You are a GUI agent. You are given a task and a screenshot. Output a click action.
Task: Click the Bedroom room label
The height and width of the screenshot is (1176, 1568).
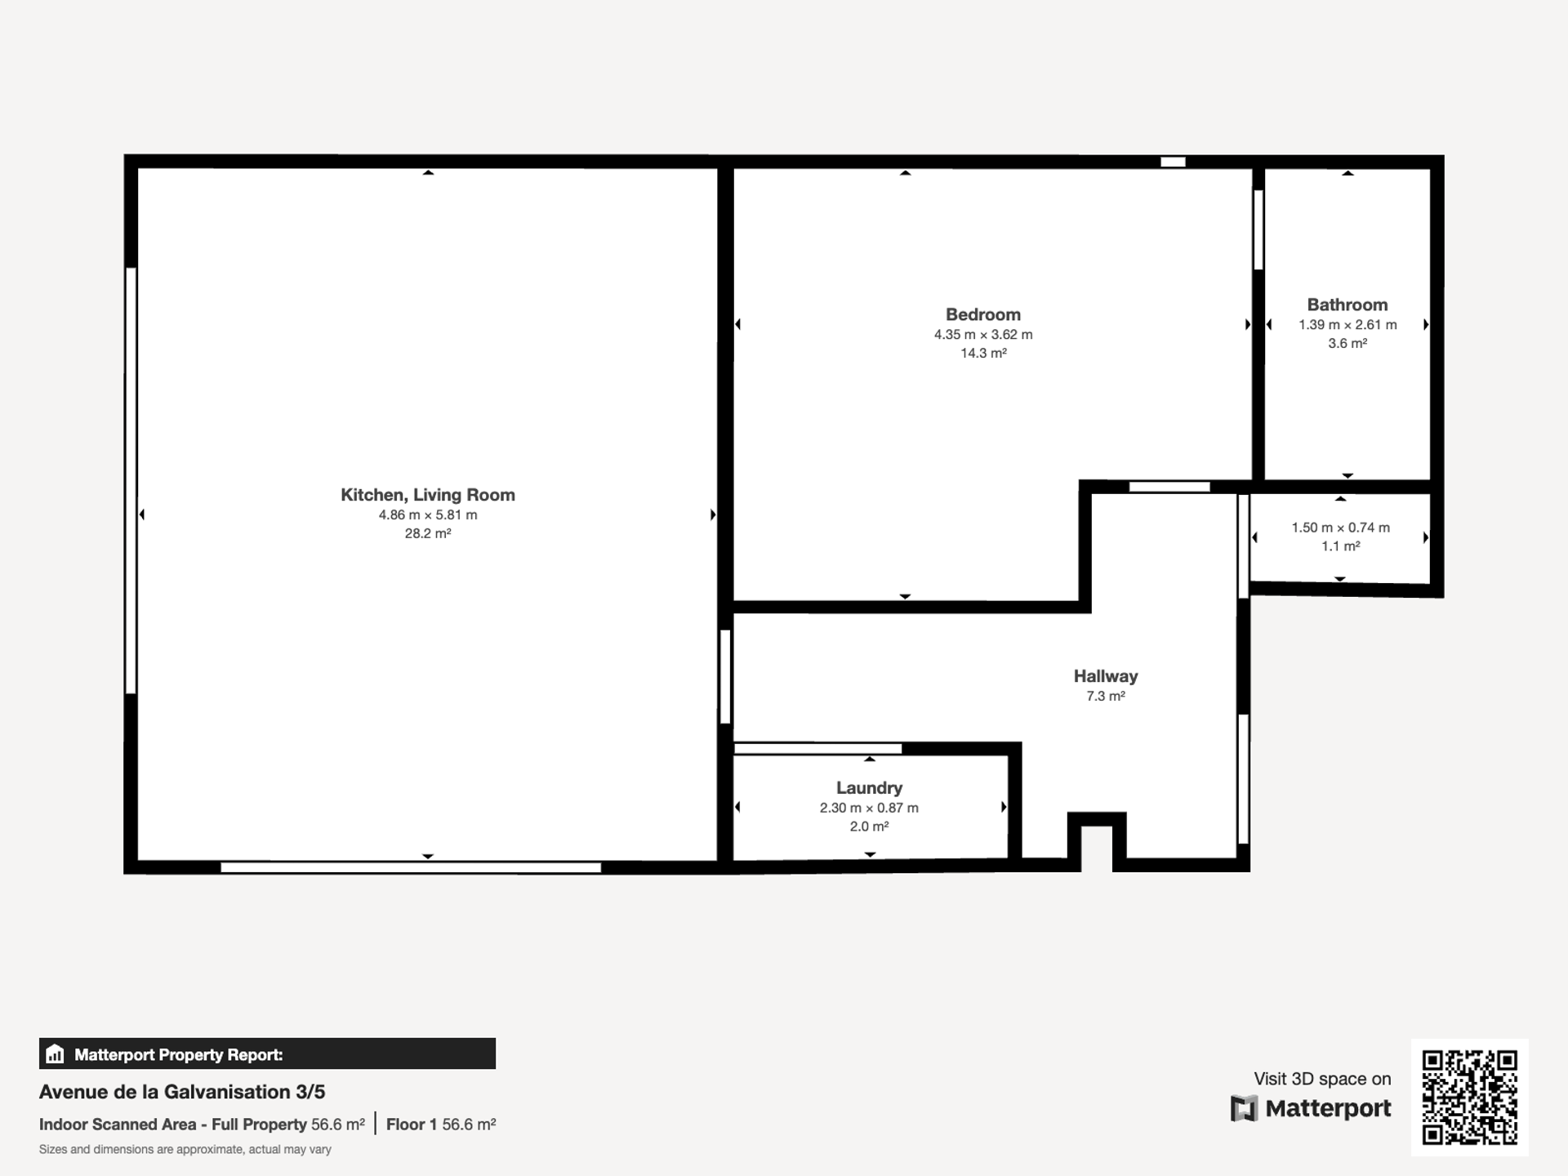pos(983,314)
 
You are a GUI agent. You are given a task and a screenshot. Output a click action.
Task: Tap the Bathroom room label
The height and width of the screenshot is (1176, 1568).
pos(1347,305)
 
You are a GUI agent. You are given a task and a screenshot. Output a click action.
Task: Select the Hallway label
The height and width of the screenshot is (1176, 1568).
pos(1106,676)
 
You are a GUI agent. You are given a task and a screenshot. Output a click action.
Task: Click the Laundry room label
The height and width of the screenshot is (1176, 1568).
pos(869,788)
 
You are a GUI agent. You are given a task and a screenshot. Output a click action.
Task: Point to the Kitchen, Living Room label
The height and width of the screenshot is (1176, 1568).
pos(428,495)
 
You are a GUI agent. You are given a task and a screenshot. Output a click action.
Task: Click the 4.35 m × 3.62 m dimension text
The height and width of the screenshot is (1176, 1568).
pos(983,335)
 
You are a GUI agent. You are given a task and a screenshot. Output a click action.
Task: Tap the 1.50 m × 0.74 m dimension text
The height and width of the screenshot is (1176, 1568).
pos(1340,528)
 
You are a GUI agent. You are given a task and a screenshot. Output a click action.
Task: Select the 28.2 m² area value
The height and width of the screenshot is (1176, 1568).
pos(428,533)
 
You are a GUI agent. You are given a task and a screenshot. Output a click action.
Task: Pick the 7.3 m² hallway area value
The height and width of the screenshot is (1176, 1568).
pos(1106,696)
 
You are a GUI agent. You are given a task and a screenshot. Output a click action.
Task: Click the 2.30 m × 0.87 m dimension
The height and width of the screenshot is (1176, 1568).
pos(869,808)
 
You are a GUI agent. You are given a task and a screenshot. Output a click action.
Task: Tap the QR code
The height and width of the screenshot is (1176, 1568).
pos(1470,1098)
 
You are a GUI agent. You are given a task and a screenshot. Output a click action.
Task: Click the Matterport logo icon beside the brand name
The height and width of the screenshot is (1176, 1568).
pos(1244,1108)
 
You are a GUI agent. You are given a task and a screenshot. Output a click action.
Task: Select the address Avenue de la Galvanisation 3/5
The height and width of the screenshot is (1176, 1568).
pos(182,1092)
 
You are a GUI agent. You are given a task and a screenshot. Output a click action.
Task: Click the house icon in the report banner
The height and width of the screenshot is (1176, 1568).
pos(55,1054)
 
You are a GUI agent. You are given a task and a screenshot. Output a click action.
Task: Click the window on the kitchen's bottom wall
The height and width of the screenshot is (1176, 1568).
pos(411,867)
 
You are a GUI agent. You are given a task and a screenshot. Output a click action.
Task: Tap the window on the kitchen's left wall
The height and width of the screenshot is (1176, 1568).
pos(131,481)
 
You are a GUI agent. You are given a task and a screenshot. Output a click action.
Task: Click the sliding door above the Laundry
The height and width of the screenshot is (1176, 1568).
pos(817,748)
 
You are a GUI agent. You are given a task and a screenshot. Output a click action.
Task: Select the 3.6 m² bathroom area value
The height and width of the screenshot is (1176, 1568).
pos(1347,344)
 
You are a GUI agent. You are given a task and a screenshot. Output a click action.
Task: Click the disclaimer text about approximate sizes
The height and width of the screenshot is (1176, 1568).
pos(185,1150)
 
